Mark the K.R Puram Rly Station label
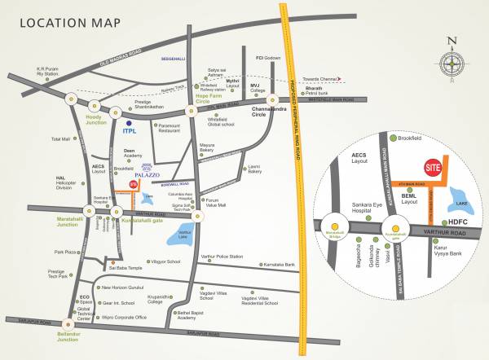pyautogui.click(x=49, y=72)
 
